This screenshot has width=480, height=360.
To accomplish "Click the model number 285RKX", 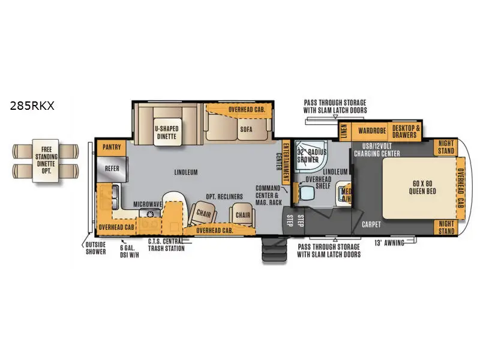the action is (32, 106).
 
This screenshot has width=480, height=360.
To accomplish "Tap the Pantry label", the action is (112, 147).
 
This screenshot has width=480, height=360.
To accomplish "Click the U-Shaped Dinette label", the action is (167, 132).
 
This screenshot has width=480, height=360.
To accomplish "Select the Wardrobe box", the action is (371, 130).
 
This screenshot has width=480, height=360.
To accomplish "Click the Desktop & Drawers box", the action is (406, 130).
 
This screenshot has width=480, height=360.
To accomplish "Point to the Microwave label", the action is (148, 205).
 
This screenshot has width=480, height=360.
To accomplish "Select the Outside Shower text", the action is (94, 248).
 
